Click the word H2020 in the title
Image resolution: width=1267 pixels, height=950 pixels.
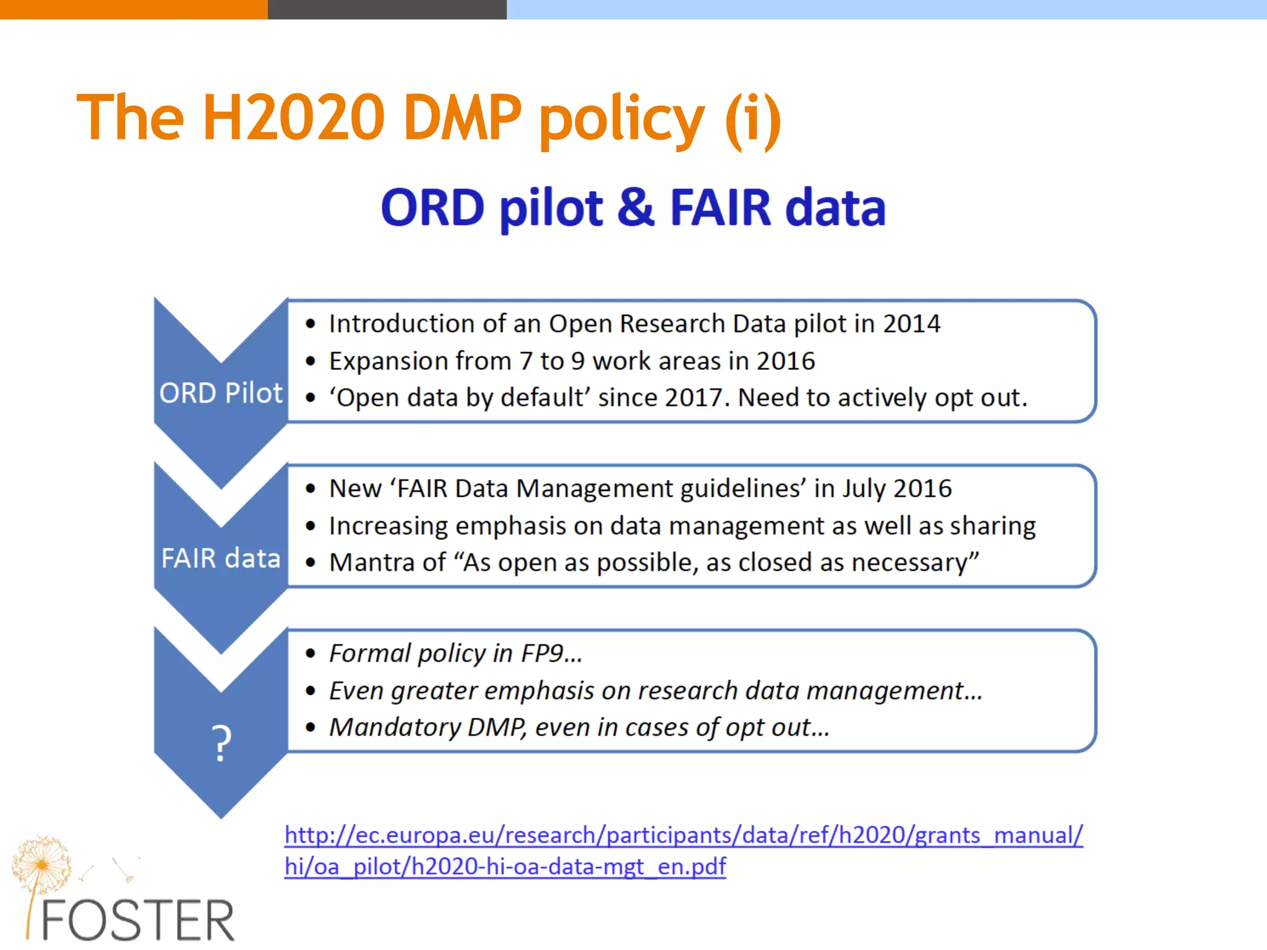294,118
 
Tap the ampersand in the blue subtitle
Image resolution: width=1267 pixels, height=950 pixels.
635,207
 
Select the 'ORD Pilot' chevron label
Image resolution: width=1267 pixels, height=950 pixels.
221,393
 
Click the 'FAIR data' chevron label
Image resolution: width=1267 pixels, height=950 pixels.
221,558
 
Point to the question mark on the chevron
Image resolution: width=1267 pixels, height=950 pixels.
221,742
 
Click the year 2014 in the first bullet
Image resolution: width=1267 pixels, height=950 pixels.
911,323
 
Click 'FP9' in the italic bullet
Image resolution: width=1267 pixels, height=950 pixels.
542,653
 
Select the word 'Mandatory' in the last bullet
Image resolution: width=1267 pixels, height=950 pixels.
394,727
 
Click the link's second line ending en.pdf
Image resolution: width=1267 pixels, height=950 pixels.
505,867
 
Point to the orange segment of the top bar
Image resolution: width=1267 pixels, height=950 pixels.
134,9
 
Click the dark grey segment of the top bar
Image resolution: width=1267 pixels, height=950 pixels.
387,9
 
